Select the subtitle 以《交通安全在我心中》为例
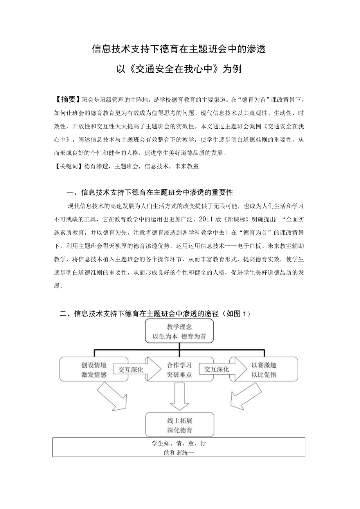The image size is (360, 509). coord(179,69)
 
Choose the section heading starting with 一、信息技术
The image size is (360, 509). coord(150,192)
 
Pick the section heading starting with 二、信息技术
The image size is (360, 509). coord(154,313)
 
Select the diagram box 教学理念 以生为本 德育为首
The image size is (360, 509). coord(179,331)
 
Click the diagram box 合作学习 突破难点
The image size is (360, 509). coord(179,369)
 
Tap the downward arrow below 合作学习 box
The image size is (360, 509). coord(179,396)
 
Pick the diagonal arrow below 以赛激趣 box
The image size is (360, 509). coord(244,395)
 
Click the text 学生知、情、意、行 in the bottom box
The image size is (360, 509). coord(179,444)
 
